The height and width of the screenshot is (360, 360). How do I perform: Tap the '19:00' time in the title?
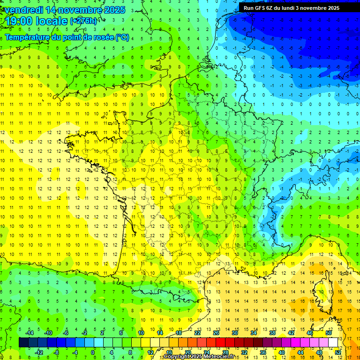[x=17, y=21]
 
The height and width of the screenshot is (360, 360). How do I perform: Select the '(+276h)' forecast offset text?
[x=84, y=21]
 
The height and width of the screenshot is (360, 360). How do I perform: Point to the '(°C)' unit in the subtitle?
[x=122, y=37]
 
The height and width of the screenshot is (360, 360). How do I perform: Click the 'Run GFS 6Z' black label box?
[x=291, y=8]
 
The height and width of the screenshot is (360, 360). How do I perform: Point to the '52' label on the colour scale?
[x=338, y=352]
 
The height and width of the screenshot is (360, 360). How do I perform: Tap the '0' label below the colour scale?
[x=93, y=352]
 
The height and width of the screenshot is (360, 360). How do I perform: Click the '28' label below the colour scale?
[x=225, y=352]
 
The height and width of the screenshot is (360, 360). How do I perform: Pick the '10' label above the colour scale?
[x=141, y=333]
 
